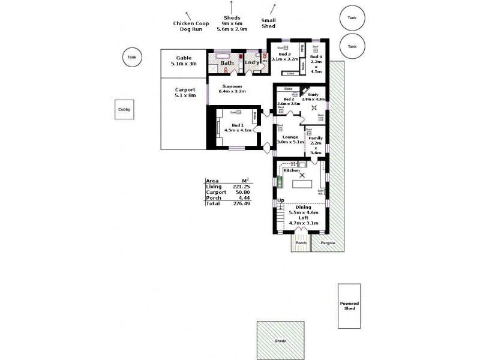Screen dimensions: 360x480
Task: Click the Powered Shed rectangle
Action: [349, 306]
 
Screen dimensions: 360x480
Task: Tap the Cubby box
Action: [124, 109]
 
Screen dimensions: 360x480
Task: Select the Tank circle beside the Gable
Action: [132, 58]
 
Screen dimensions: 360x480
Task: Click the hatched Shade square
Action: [280, 340]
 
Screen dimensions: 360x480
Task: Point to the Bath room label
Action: [227, 62]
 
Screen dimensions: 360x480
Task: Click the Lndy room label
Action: [252, 62]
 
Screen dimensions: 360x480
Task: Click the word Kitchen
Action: [292, 170]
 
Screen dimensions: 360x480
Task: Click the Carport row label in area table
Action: [216, 192]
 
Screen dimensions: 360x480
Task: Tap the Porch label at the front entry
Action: [301, 242]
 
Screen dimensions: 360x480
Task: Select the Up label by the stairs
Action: [281, 200]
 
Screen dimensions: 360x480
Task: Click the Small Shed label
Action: [268, 23]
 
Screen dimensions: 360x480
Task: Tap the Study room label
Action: [312, 95]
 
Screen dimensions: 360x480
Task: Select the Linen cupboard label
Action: [291, 73]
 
